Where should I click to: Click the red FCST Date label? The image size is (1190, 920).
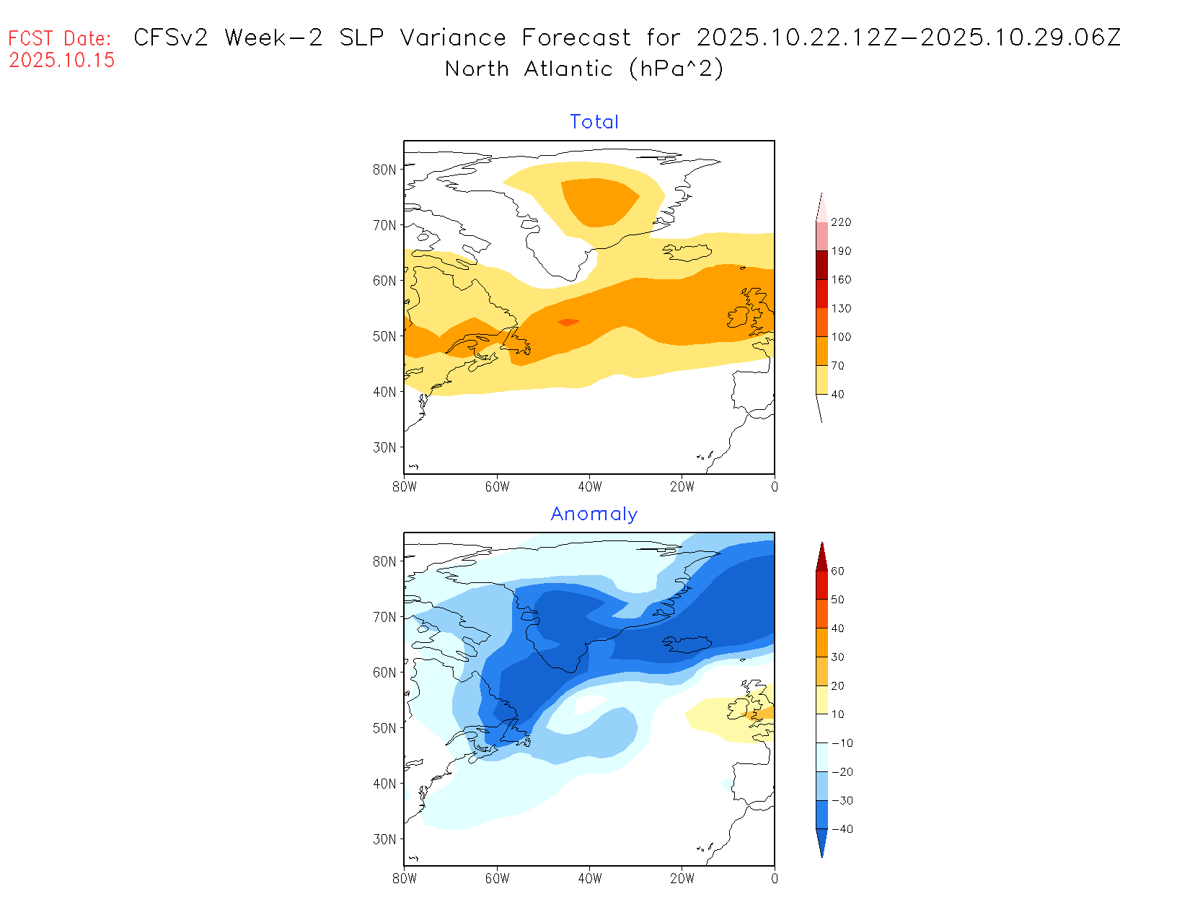pos(60,38)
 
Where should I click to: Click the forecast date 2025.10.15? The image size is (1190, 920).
pos(62,60)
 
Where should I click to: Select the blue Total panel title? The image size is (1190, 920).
pos(594,122)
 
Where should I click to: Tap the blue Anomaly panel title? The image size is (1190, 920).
pos(594,514)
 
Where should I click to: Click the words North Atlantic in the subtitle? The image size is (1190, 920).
pos(529,69)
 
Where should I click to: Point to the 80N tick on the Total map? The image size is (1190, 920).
pos(384,170)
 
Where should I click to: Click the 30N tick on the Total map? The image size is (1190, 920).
pos(384,447)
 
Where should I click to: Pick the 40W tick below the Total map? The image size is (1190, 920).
pos(590,487)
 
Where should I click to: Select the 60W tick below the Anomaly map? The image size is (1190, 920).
pos(497,879)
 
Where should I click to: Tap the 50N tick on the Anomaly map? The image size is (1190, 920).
pos(384,728)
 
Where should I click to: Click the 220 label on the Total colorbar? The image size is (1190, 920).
pos(841,222)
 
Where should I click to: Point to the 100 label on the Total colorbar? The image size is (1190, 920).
pos(841,337)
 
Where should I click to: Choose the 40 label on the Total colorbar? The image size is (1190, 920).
pos(837,395)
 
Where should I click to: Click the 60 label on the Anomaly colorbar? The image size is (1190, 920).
pos(837,571)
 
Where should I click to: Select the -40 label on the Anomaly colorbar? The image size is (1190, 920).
pos(842,829)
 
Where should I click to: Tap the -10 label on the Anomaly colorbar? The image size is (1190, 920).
pos(842,743)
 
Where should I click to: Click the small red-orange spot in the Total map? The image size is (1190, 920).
pos(568,322)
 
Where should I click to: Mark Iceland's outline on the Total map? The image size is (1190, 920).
pos(687,253)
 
